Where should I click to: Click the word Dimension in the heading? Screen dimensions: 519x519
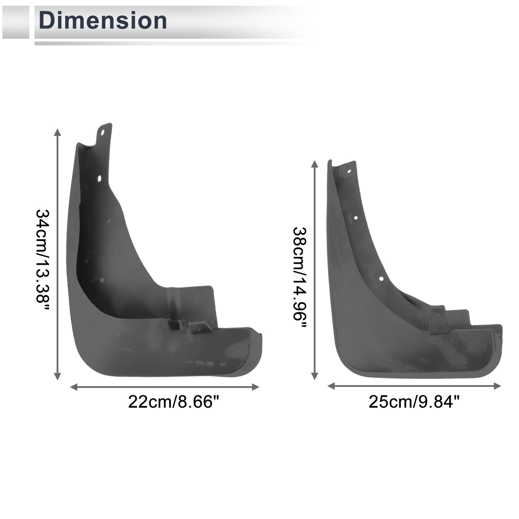[x=103, y=20]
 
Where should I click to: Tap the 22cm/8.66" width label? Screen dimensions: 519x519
[x=174, y=402]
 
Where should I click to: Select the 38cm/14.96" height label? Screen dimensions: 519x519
[x=300, y=277]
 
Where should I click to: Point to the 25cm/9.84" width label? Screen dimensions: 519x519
[x=414, y=402]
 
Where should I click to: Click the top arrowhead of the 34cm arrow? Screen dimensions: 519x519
[x=57, y=133]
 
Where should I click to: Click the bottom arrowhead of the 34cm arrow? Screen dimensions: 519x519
[x=57, y=376]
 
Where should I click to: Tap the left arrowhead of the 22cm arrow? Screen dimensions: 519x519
[x=74, y=387]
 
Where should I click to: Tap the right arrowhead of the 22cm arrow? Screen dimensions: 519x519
[x=255, y=387]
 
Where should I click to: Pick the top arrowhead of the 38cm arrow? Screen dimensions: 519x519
[x=315, y=164]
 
